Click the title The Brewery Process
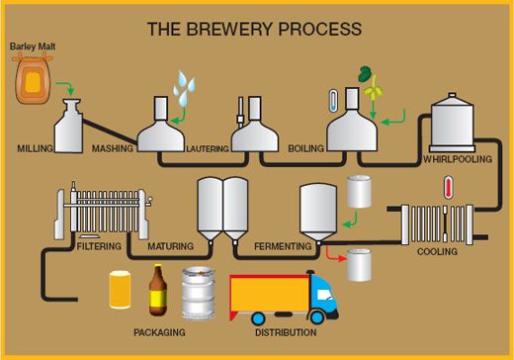click(254, 29)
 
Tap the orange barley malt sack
click(36, 82)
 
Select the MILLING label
click(35, 148)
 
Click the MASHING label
click(112, 148)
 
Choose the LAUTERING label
click(208, 149)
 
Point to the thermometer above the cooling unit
click(448, 188)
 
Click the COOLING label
click(437, 252)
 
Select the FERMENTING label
click(284, 245)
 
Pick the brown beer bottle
click(156, 290)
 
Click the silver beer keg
click(198, 293)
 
